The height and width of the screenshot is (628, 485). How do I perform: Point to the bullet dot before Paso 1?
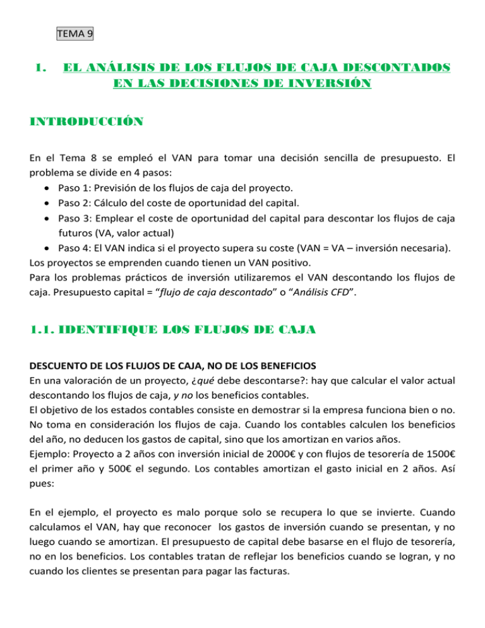point(49,188)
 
